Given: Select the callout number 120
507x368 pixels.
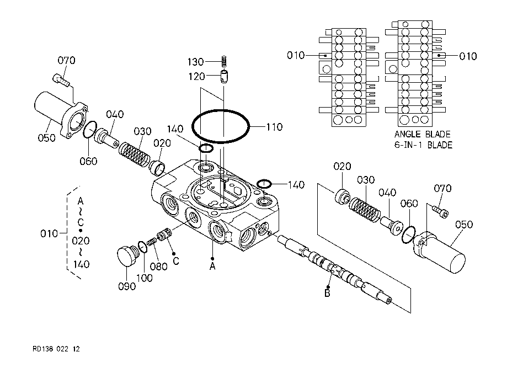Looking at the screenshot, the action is tap(196, 77).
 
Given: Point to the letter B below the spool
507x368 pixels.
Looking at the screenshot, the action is tap(327, 294).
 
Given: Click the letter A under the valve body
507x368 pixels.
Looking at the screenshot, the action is tap(212, 266).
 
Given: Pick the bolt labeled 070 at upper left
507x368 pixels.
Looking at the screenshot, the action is tap(61, 79).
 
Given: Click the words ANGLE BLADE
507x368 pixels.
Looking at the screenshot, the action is tap(422, 134).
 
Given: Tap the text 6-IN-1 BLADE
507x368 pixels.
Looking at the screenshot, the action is tap(423, 145).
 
